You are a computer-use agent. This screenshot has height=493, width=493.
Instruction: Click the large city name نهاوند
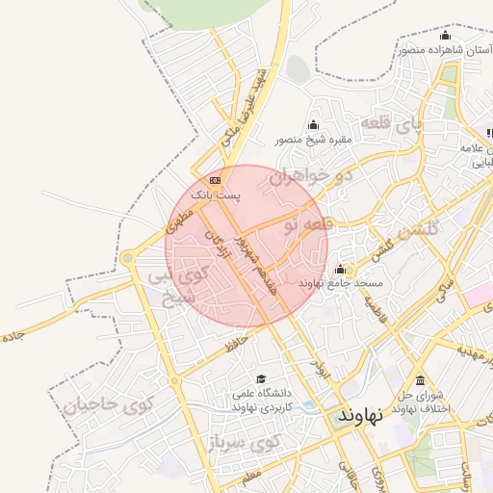pos(360,415)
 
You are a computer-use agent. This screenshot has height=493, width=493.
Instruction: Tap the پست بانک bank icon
pos(214,180)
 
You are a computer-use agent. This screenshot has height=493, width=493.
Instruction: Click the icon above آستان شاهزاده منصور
pos(444,37)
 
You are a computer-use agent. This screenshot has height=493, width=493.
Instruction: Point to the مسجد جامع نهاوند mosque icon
pos(340,269)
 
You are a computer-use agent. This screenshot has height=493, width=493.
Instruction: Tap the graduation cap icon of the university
pos(261,379)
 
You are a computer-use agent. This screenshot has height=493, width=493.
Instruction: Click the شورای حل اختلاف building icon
pos(420,379)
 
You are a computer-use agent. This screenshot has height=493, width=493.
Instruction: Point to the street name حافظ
pos(237,342)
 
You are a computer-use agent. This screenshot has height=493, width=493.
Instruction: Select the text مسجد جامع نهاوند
pos(341,285)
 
